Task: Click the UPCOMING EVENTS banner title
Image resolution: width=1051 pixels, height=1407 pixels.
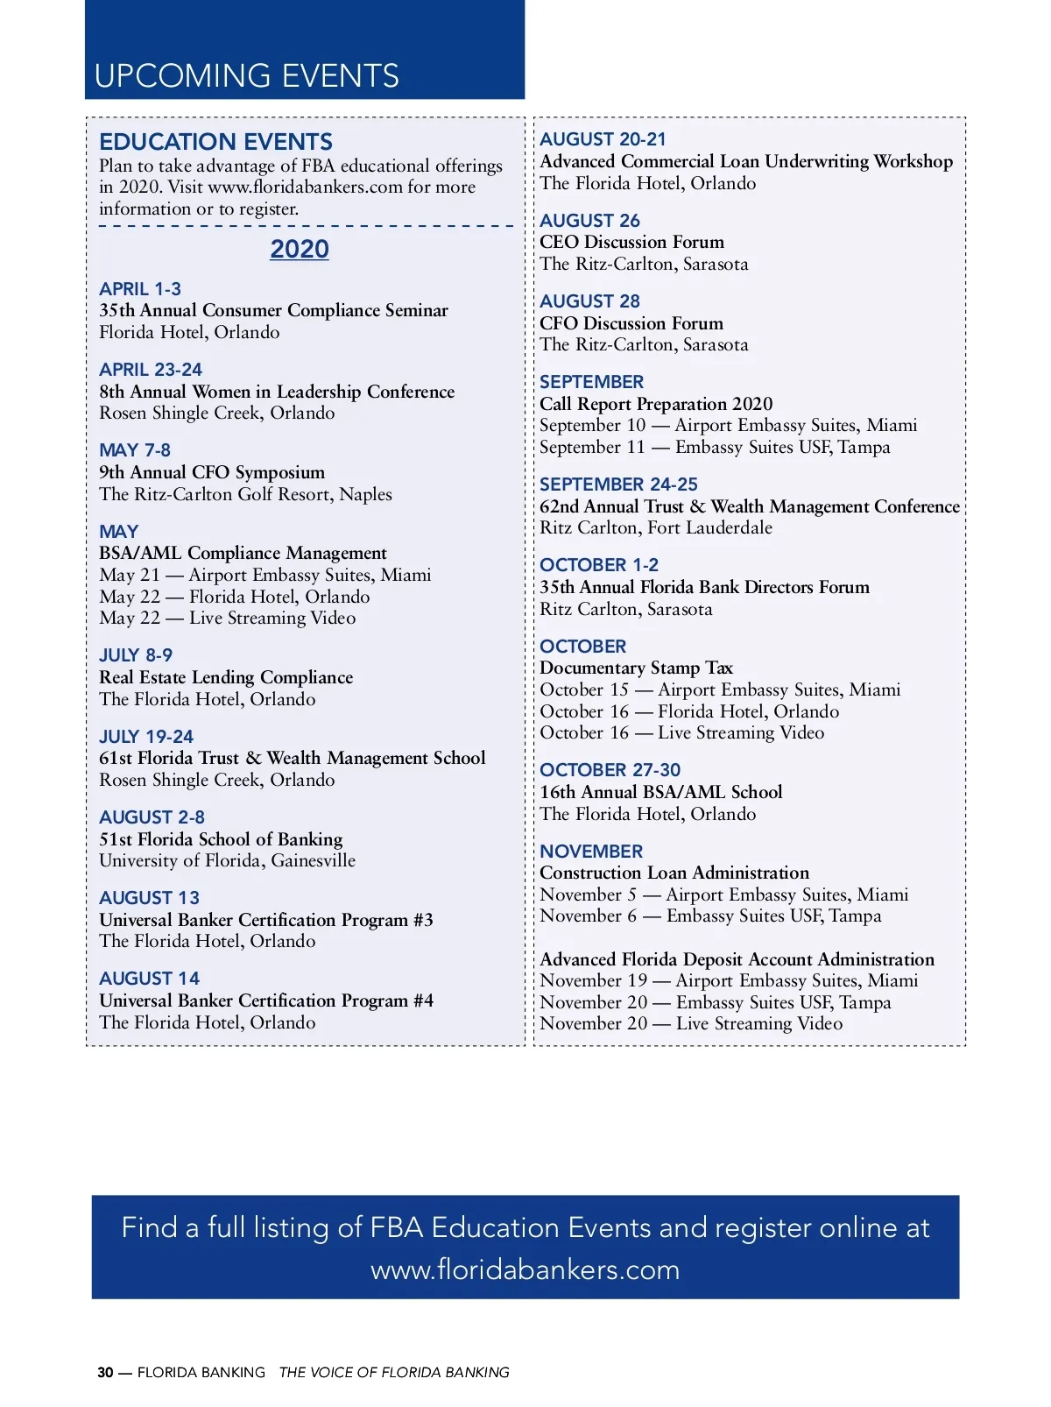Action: pos(246,76)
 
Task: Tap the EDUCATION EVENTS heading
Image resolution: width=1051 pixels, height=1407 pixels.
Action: pos(215,142)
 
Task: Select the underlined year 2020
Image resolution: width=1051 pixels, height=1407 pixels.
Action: pos(299,250)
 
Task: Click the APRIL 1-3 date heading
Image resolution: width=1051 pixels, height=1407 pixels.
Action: pos(140,289)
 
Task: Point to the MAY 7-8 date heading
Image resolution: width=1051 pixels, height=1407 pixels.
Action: pos(135,450)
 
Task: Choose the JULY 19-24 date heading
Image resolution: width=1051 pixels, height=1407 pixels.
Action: pos(146,737)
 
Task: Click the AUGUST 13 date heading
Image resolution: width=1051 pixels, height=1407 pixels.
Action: pos(149,898)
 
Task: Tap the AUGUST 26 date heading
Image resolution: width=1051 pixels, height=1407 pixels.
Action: pos(589,221)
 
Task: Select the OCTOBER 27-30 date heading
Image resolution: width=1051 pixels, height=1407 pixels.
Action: pos(610,770)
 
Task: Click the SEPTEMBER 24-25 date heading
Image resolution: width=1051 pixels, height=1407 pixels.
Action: pos(618,484)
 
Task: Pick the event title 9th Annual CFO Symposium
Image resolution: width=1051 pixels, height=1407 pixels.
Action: pos(212,472)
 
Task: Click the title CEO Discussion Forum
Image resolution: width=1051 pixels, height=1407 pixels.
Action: pos(631,242)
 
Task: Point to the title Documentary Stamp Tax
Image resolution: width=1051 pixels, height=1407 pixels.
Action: pos(636,668)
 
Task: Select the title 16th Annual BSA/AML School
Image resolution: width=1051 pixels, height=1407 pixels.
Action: pos(660,792)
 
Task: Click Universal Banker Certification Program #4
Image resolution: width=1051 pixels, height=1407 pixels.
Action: pos(266,1000)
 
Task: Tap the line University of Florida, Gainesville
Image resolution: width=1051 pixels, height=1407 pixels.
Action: pos(227,860)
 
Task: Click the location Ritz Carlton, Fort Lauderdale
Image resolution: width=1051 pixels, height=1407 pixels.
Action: pos(656,527)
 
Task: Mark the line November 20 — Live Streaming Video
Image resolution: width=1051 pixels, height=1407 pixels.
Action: pos(691,1023)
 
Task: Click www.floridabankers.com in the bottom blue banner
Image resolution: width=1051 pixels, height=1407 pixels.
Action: pos(525,1269)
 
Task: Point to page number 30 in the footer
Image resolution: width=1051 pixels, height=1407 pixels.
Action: pos(105,1372)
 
